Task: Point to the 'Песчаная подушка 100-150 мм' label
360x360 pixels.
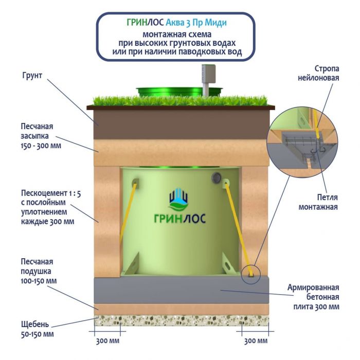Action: pos(38,271)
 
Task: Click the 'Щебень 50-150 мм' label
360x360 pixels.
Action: pos(36,329)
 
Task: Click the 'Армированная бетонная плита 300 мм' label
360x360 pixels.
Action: pos(313,297)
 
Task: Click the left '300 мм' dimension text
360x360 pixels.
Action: pos(107,341)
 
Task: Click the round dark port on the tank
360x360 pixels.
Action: pos(216,177)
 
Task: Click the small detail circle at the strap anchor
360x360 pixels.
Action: pos(250,272)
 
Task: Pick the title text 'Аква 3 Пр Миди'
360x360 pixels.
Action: pos(196,23)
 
